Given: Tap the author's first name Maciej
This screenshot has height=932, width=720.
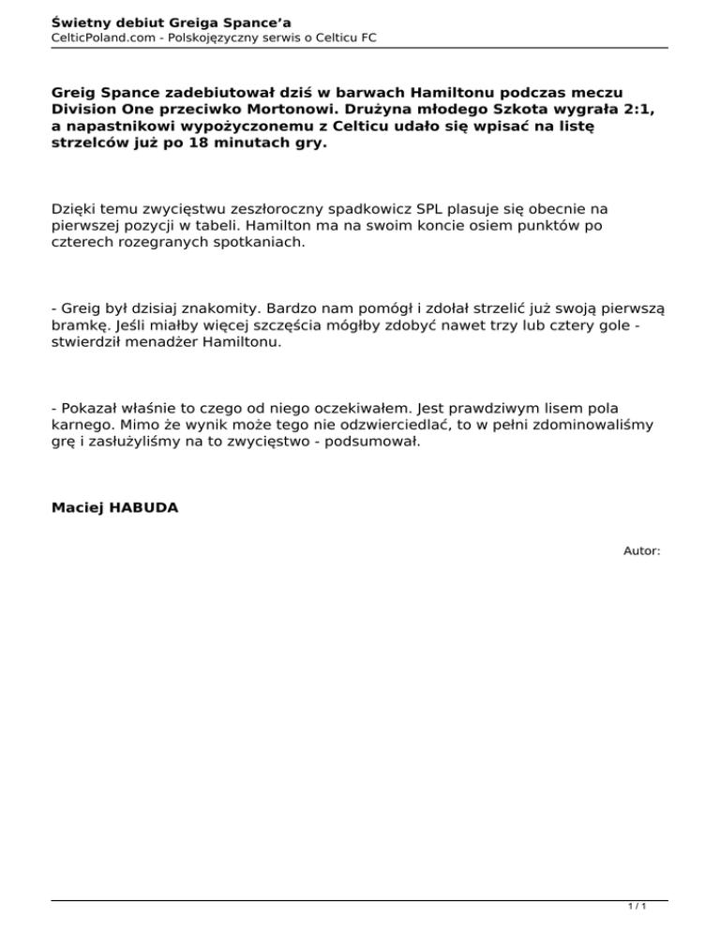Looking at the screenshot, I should point(77,507).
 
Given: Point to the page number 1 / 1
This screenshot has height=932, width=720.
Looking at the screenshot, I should point(637,908).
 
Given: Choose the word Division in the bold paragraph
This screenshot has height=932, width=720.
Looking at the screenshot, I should point(85,109).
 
